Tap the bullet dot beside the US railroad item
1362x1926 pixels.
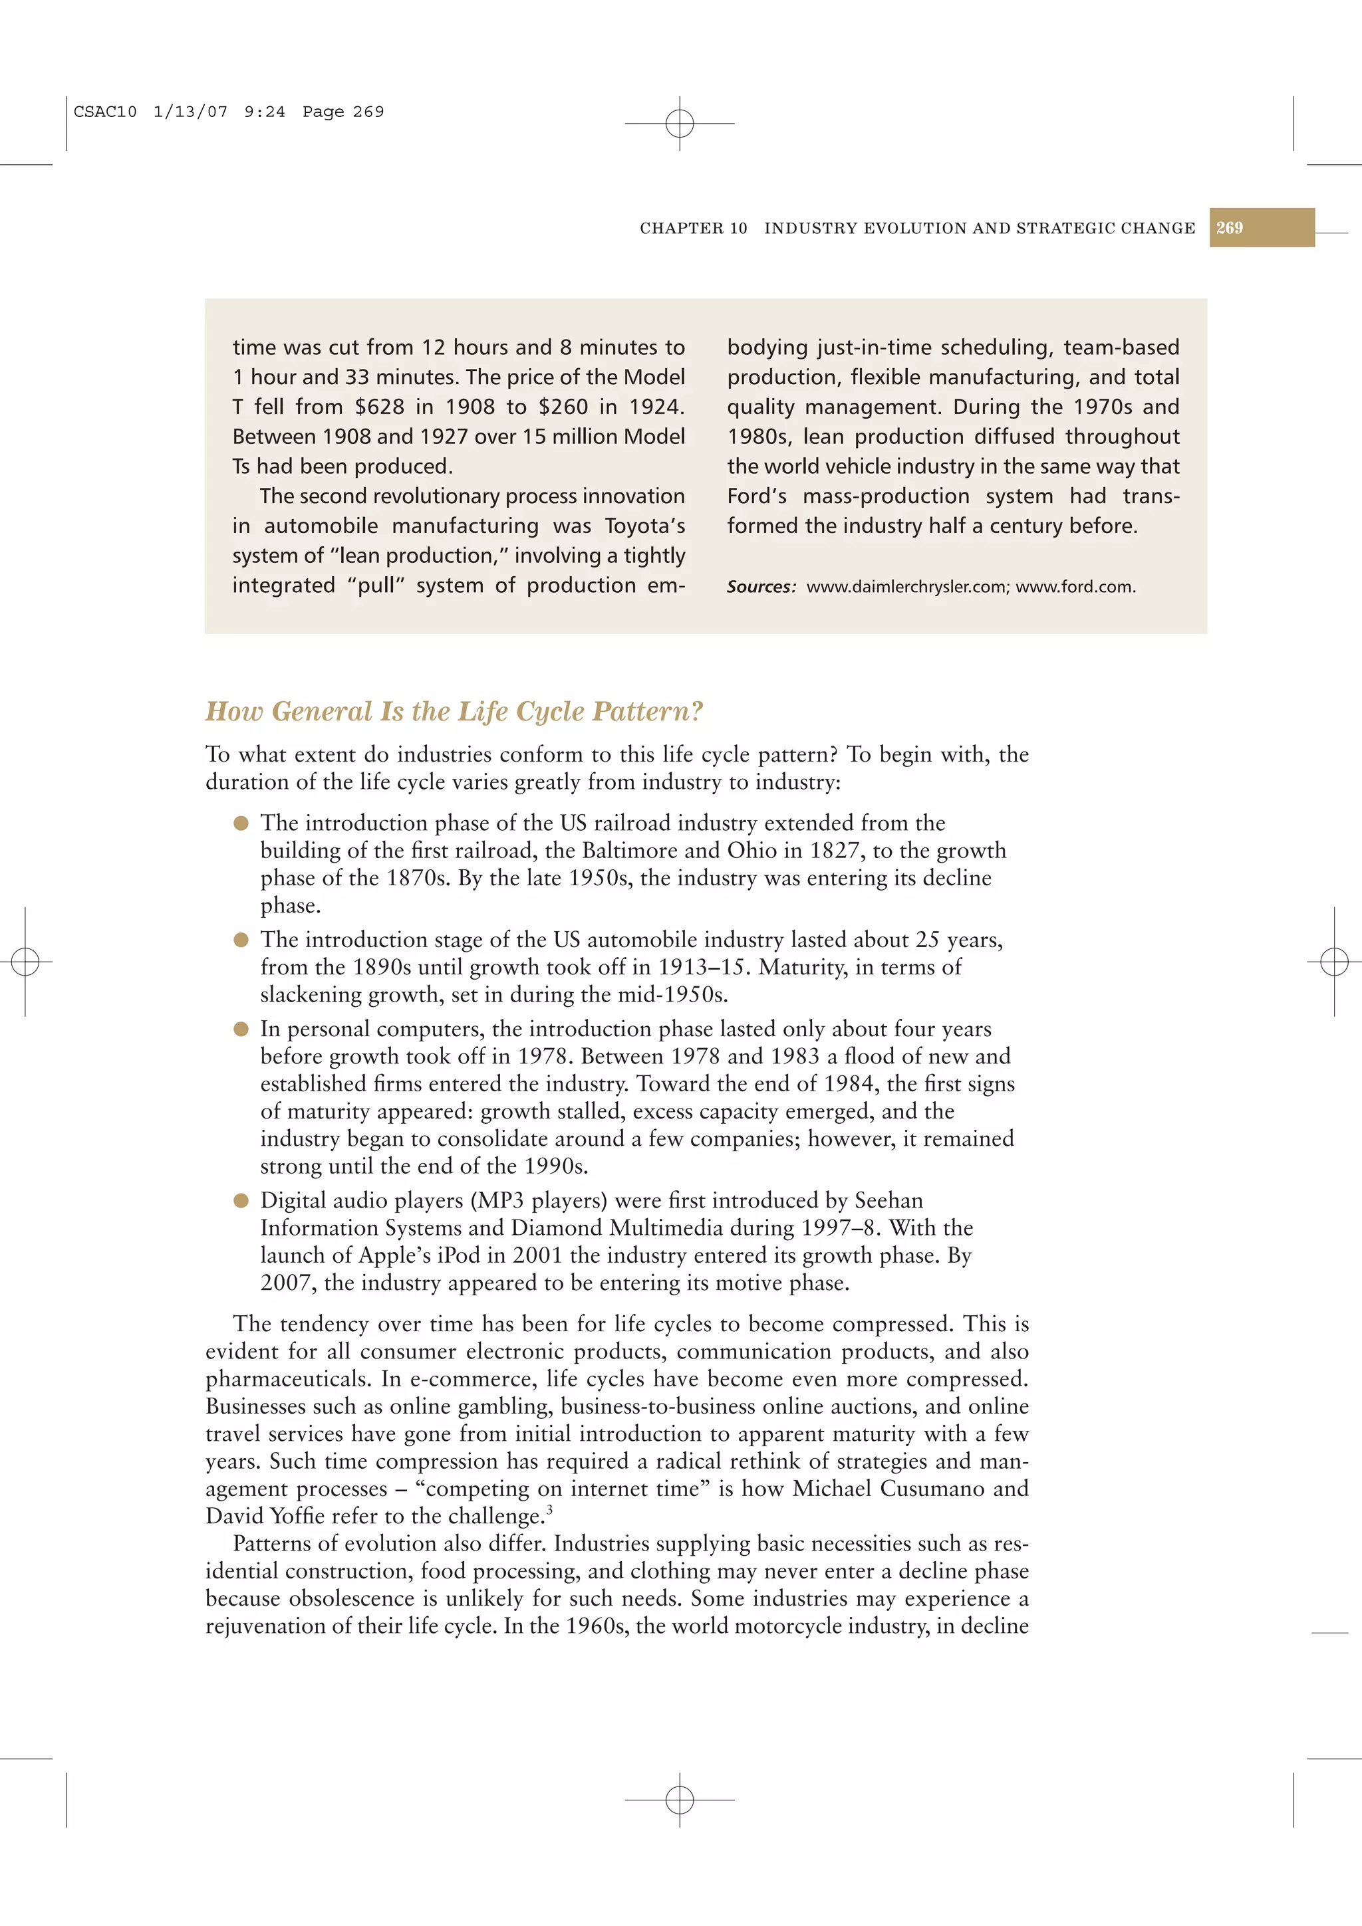tap(241, 823)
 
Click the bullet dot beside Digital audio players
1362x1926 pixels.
tap(241, 1200)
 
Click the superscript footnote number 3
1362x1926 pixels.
tap(550, 1510)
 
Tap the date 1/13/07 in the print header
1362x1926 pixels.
tap(190, 112)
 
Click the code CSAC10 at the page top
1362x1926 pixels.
tap(105, 112)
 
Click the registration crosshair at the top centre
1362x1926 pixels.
tap(680, 124)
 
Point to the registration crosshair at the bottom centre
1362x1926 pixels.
tap(680, 1798)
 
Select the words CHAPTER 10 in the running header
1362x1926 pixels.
tap(693, 228)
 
